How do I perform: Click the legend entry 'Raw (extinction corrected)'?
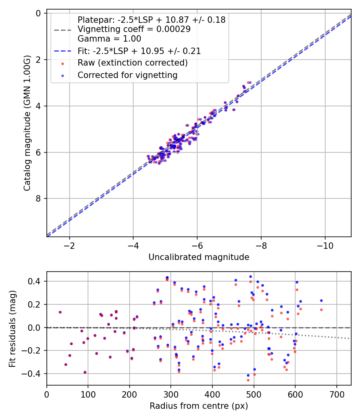click(133, 63)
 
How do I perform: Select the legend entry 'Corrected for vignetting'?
click(128, 75)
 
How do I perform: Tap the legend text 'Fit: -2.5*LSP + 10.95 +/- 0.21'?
click(139, 51)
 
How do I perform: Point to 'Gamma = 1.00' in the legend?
click(109, 39)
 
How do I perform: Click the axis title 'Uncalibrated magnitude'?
click(199, 257)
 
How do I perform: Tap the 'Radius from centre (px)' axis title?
click(199, 406)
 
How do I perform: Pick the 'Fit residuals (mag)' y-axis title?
click(13, 328)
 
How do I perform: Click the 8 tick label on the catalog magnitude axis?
click(39, 199)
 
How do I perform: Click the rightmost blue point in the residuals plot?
click(321, 300)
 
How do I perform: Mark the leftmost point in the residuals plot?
click(60, 312)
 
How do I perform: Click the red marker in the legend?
click(62, 63)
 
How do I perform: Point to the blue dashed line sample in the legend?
click(62, 51)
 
